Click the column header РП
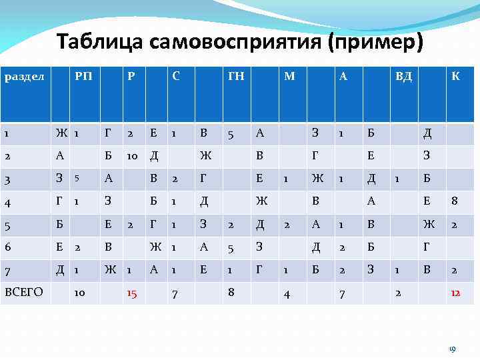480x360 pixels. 83,77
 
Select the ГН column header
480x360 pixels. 236,77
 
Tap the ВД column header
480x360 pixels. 403,77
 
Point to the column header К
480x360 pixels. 455,77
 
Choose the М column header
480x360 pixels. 289,77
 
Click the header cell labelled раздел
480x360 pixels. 25,77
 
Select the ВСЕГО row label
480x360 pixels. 25,291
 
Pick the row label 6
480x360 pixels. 7,247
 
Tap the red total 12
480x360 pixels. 455,293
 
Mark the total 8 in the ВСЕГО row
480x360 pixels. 231,291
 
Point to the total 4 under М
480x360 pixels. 287,293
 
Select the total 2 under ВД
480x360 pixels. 398,291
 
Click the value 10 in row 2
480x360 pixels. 132,156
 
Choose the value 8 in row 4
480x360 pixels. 454,201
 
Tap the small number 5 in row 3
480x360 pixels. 77,179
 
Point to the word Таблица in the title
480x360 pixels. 99,43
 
